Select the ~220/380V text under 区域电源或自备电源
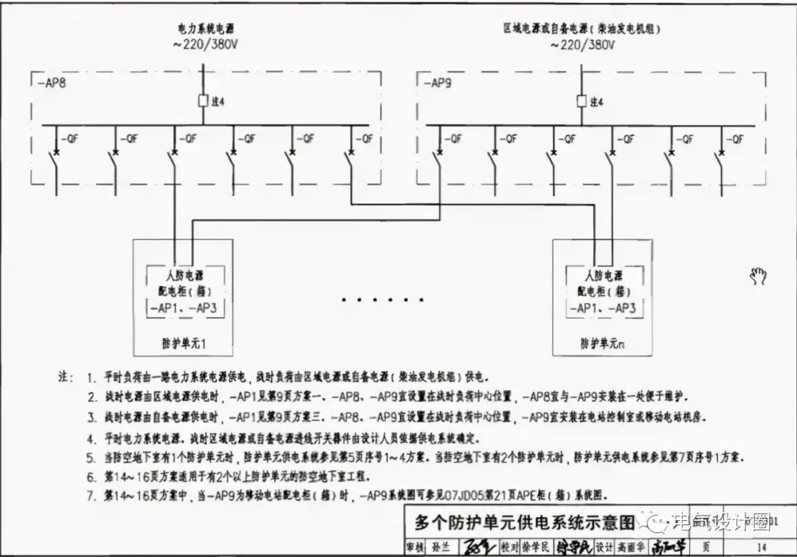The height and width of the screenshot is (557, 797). click(582, 44)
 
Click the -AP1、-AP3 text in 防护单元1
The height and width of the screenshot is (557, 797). click(182, 308)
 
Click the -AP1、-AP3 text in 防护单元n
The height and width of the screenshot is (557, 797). click(601, 308)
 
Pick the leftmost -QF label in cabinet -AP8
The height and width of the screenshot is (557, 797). click(69, 138)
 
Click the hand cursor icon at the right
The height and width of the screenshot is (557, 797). click(758, 277)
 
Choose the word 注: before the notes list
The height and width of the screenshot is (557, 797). click(66, 377)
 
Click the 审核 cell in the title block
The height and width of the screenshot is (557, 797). click(418, 547)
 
